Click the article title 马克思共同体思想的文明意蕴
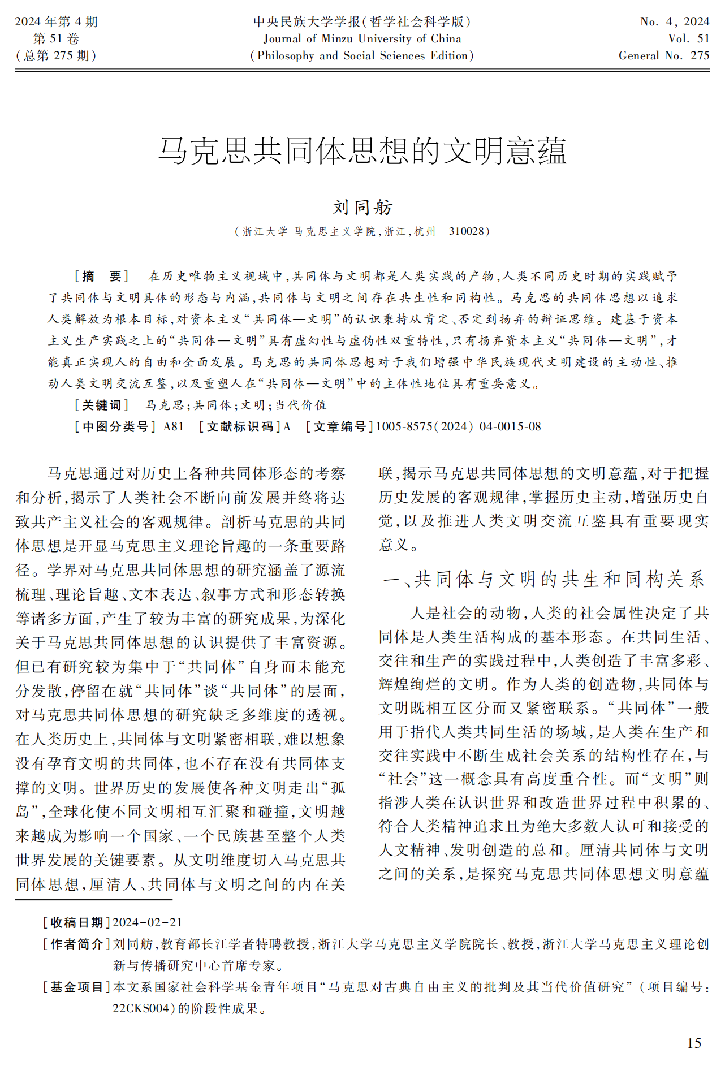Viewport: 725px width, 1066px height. click(x=362, y=151)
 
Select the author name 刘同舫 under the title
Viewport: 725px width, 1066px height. click(x=362, y=208)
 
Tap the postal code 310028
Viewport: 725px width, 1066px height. click(x=467, y=231)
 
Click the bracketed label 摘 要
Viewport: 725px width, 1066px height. click(x=102, y=276)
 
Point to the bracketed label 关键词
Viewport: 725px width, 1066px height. click(x=102, y=405)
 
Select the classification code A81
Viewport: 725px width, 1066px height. click(x=174, y=426)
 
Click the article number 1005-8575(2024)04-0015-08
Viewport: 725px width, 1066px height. click(x=458, y=426)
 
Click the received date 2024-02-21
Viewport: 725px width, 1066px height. click(x=148, y=922)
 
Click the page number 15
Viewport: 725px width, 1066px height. click(x=694, y=1043)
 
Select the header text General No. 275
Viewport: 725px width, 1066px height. click(x=664, y=55)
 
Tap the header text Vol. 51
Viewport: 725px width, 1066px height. click(x=688, y=38)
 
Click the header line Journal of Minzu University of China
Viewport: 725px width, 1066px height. click(x=362, y=38)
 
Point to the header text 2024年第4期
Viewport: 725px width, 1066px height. click(x=56, y=21)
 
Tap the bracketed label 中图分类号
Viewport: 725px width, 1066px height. click(x=115, y=426)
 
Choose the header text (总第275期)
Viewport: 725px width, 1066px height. click(x=56, y=55)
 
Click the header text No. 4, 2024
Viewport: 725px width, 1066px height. click(x=675, y=21)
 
